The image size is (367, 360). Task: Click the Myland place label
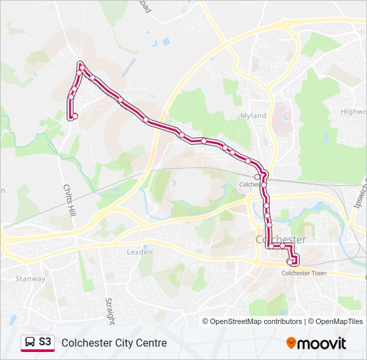point(253,116)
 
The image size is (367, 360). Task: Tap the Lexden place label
point(140,253)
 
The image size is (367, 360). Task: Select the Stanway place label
point(31,279)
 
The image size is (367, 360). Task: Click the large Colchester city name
point(281,239)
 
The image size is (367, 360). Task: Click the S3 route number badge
point(45,342)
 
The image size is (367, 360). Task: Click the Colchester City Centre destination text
point(114,343)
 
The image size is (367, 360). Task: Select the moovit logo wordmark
point(323,343)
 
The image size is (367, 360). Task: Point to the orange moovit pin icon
point(292,343)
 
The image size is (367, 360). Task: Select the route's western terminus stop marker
point(74,117)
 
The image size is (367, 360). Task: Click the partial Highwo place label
point(354,112)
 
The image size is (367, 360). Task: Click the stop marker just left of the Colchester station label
point(257,177)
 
